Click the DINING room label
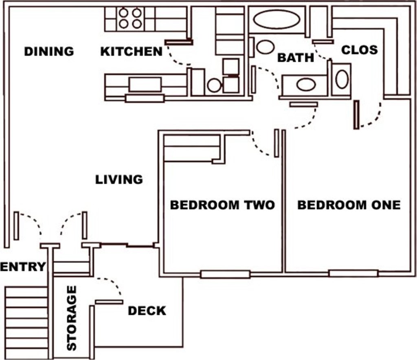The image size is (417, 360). click(49, 51)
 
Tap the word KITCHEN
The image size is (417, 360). click(132, 51)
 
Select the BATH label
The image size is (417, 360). click(296, 58)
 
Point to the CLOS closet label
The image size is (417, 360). click(359, 50)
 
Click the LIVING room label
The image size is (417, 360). click(119, 180)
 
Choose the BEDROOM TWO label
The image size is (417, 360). click(222, 205)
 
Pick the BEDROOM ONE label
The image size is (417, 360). click(349, 205)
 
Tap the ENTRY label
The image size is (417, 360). click(23, 267)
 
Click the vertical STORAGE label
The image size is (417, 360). click(72, 318)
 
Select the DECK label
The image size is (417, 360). click(147, 311)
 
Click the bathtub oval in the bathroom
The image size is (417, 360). click(277, 20)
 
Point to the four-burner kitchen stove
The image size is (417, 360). click(130, 18)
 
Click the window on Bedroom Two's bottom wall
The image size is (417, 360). click(225, 274)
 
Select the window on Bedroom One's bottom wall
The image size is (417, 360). click(353, 273)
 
